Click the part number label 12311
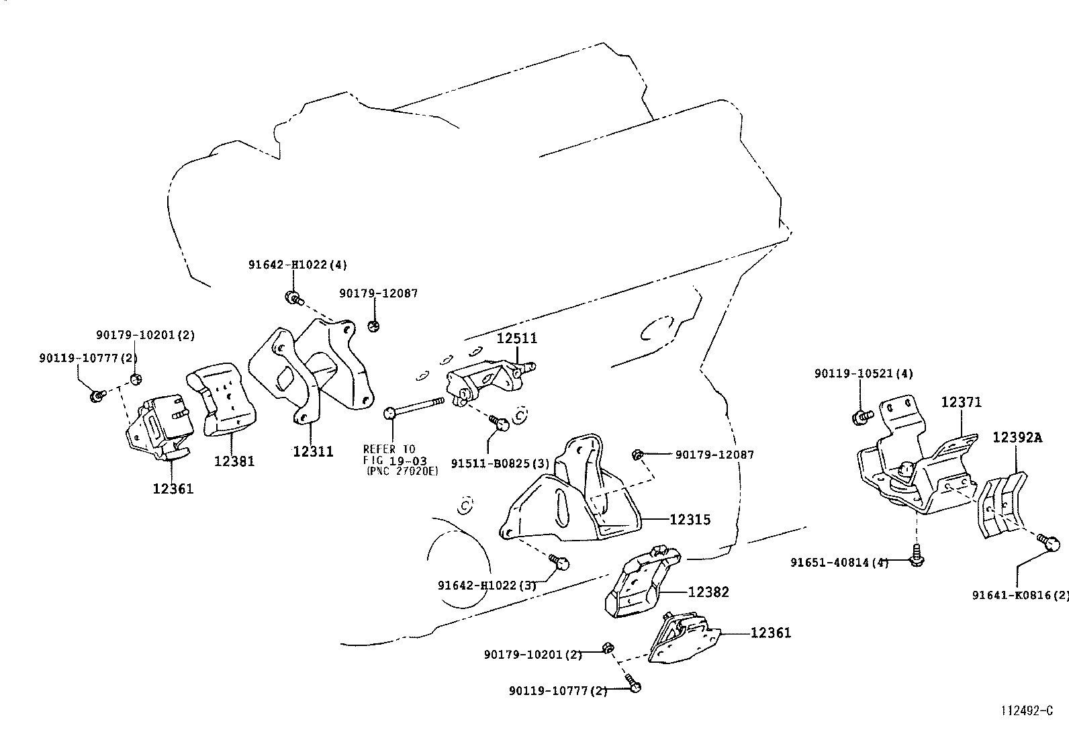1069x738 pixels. click(x=313, y=452)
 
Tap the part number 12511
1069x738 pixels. click(x=517, y=338)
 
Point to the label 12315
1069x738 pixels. click(x=690, y=519)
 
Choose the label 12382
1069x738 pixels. click(x=708, y=592)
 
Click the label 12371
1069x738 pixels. click(x=961, y=402)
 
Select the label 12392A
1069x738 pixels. click(x=1018, y=438)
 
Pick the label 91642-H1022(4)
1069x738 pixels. click(x=297, y=265)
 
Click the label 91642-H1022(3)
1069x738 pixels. click(x=487, y=586)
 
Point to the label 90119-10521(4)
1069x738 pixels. click(x=864, y=373)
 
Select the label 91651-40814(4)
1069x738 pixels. click(x=839, y=562)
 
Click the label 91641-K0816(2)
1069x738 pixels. click(x=1020, y=595)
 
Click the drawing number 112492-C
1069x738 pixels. click(x=1027, y=710)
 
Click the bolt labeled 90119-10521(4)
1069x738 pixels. click(x=862, y=417)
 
